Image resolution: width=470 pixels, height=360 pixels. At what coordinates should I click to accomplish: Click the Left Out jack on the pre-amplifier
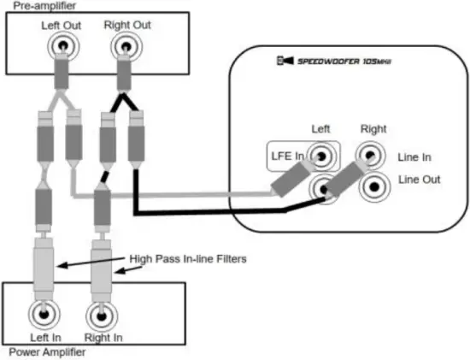[x=62, y=45]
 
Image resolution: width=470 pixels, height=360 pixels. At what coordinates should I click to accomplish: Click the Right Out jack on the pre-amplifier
[x=124, y=45]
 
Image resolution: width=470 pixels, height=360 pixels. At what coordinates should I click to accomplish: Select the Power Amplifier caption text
[x=42, y=351]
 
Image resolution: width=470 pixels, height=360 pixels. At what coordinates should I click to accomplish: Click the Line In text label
[x=416, y=157]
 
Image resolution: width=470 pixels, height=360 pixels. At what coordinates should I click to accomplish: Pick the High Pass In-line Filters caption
[x=187, y=258]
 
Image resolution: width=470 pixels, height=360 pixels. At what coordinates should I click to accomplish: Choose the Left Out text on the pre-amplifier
[x=62, y=25]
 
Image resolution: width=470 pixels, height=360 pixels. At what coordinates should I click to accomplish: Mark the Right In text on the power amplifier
[x=103, y=338]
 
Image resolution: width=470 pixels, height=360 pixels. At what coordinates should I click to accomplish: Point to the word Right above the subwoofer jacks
[x=373, y=129]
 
